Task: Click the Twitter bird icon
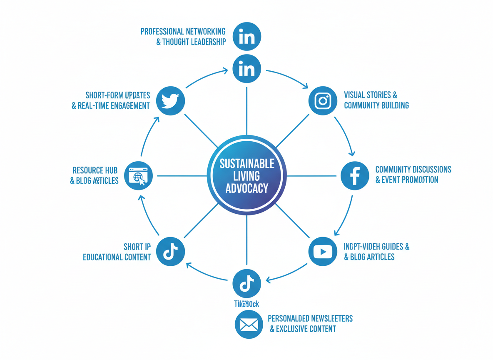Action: [170, 100]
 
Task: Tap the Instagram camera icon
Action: [323, 101]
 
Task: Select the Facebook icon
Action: [355, 175]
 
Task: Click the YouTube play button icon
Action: [323, 252]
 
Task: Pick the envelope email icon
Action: [249, 324]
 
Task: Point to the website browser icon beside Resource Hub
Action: [139, 175]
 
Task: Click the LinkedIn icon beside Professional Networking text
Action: [247, 37]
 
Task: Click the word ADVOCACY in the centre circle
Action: [247, 188]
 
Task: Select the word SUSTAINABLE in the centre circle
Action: [247, 163]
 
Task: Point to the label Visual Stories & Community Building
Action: [376, 100]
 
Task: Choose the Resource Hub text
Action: [95, 170]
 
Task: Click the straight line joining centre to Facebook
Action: [312, 176]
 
